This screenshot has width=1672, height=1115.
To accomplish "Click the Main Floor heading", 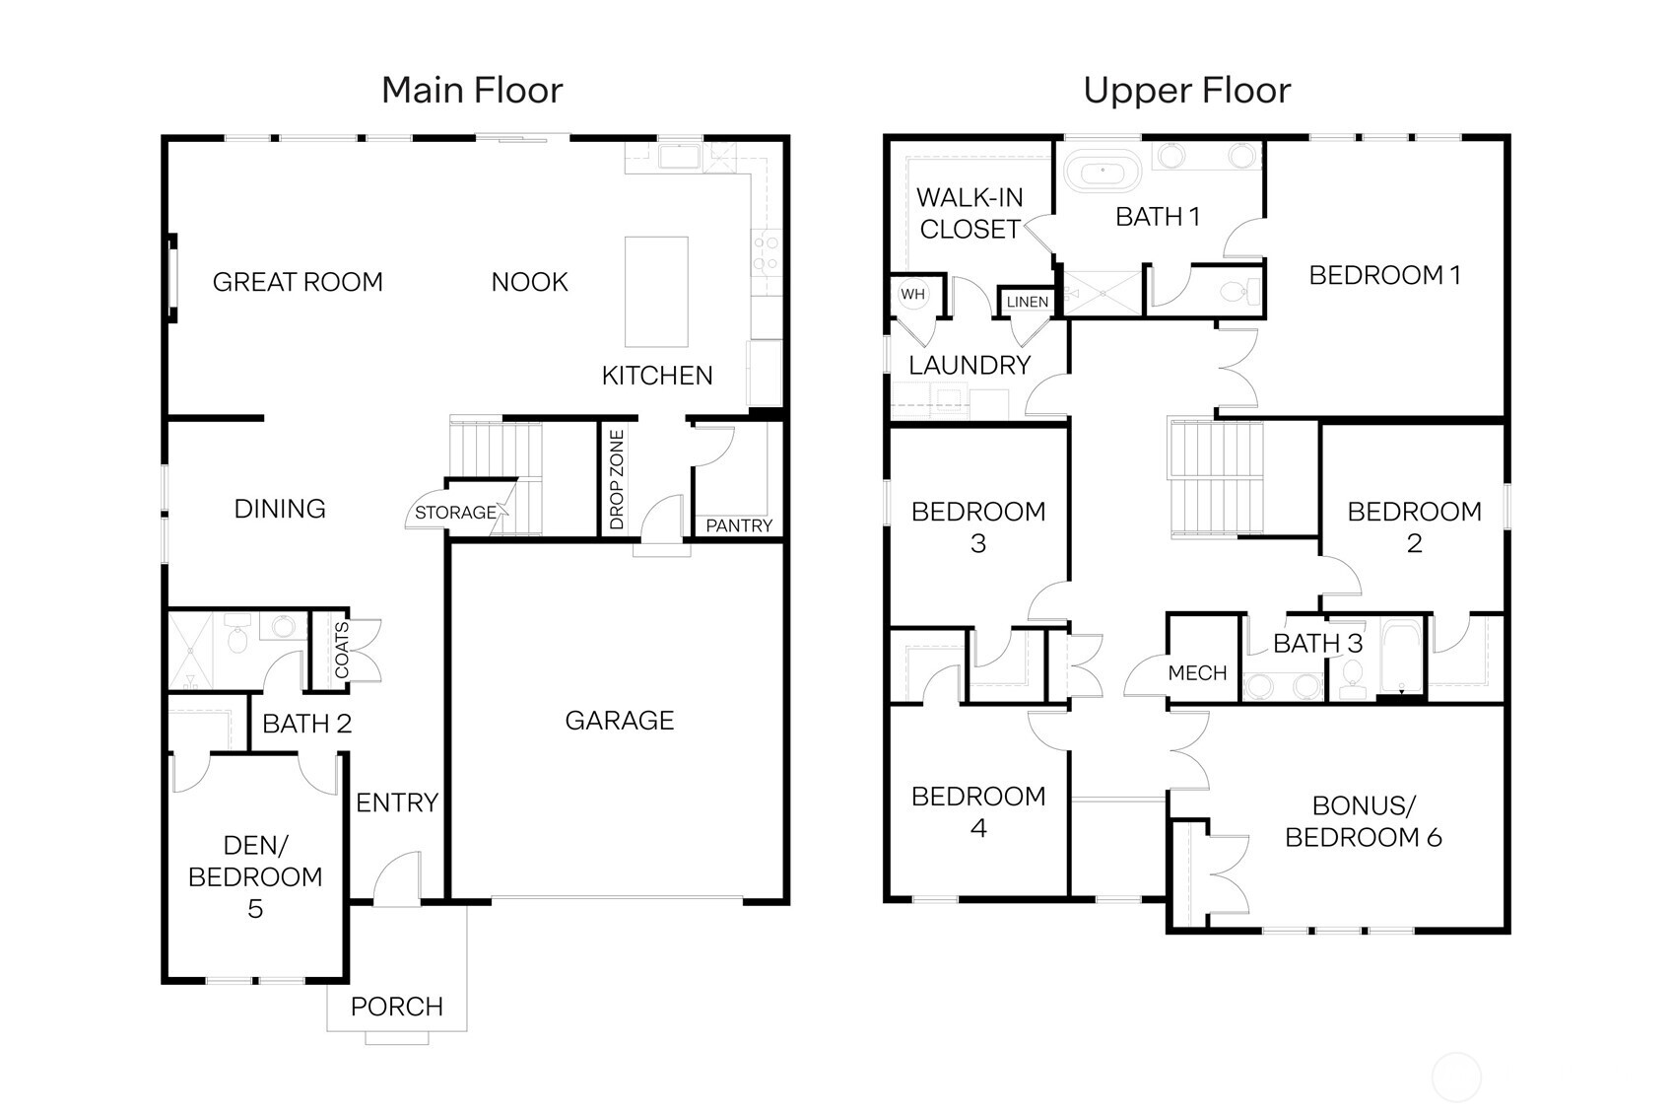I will coord(472,91).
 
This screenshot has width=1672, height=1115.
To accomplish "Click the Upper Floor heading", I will coord(1186,91).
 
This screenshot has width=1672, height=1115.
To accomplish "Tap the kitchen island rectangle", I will coord(656,292).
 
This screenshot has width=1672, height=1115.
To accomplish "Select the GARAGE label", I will coord(619,721).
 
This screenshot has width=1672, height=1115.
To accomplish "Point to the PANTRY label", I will coord(739,526).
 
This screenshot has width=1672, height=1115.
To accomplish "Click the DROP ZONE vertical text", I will coord(618,479).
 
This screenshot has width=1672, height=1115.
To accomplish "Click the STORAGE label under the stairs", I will coord(455,513).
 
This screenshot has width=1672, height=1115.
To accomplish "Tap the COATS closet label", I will coord(342,650).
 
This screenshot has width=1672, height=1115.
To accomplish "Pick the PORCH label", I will coord(396,1007).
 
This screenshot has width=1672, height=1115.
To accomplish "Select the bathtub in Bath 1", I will coord(1103,174).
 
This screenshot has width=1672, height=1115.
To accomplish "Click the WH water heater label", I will coord(912,294).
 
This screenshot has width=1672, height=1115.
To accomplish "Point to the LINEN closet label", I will coord(1027,302).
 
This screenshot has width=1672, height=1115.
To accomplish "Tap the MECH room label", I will coord(1197,673).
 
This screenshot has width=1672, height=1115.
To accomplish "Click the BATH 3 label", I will coord(1317,644).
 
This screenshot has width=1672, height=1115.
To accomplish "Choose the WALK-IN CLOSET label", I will coord(970,213).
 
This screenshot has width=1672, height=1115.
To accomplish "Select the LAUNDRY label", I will coord(969,366).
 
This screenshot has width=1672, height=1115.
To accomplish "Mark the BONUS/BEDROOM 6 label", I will coord(1363,821).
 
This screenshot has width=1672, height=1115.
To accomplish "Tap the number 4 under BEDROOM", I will coord(977,828).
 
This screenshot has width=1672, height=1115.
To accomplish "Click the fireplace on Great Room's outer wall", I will coord(172,276).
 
